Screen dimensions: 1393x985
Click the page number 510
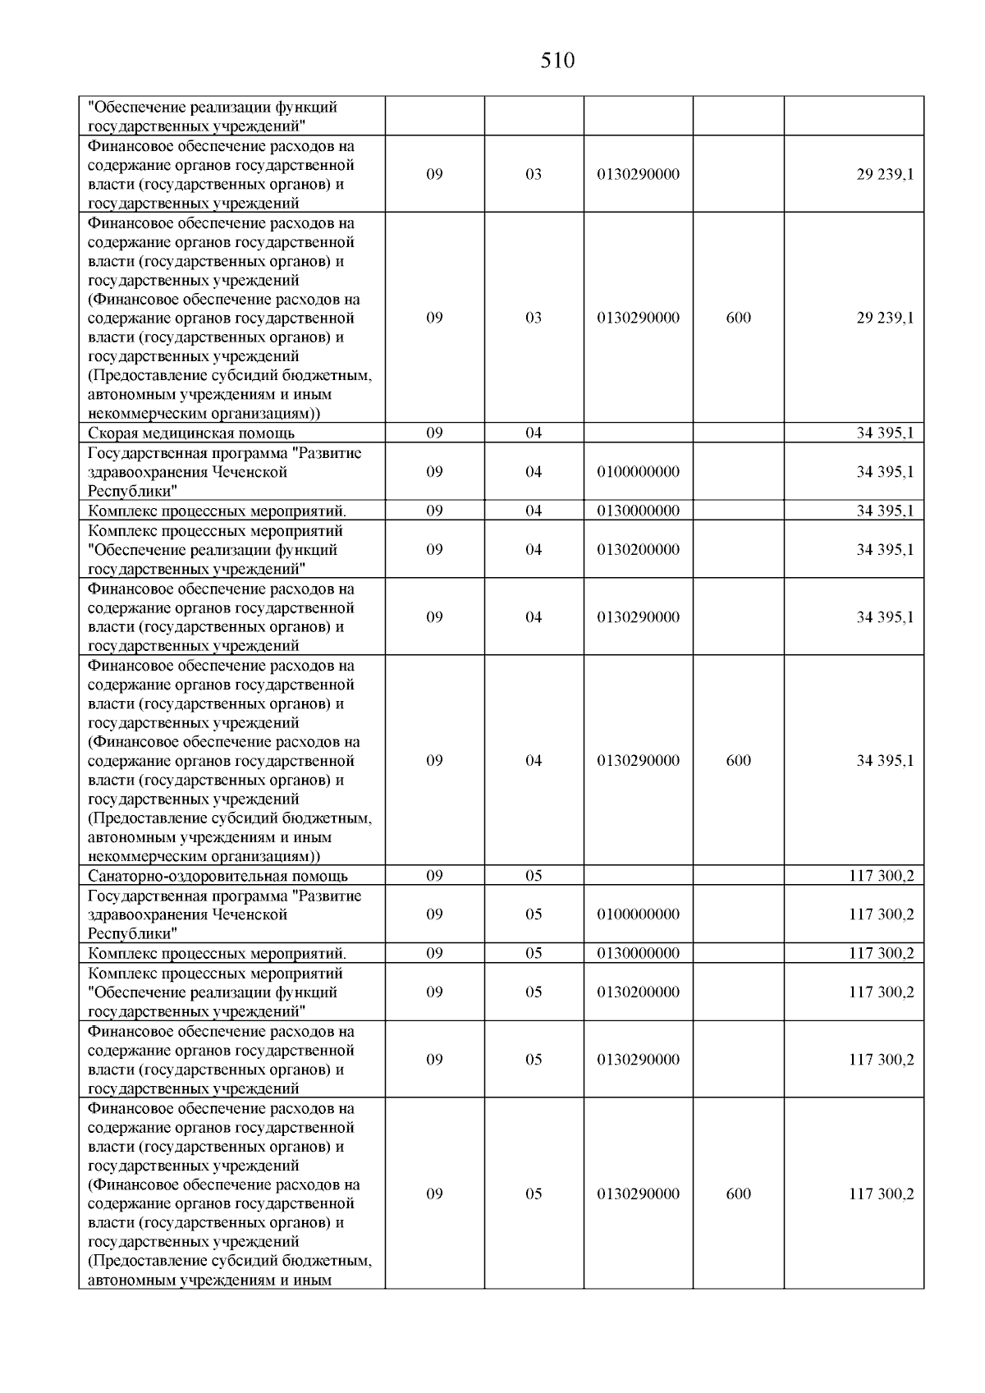[x=557, y=61]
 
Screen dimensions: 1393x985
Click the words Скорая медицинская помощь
[x=190, y=433]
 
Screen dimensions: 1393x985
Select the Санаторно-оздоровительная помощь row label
[x=218, y=876]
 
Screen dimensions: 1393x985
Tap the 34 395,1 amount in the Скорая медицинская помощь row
[x=885, y=433]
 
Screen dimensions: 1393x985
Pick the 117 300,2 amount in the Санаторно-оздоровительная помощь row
[x=881, y=876]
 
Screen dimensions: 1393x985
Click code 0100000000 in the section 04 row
[x=638, y=472]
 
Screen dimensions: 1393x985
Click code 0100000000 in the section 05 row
[x=638, y=914]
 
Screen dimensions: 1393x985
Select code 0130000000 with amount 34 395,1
[x=638, y=511]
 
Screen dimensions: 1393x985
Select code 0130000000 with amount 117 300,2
[x=638, y=953]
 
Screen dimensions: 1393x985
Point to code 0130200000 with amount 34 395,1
[x=638, y=550]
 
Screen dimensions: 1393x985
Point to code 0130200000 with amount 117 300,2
[x=638, y=992]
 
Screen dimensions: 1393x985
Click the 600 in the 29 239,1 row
[x=738, y=318]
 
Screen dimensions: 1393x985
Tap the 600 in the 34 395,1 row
[x=738, y=760]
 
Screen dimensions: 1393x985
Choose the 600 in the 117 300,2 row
[x=738, y=1194]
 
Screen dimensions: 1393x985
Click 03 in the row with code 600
[x=534, y=318]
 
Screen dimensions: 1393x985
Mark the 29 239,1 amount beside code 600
[x=885, y=318]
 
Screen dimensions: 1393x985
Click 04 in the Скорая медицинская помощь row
[x=534, y=433]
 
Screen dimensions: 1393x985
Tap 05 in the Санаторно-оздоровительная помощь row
[x=534, y=876]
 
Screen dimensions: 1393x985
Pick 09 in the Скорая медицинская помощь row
[x=434, y=433]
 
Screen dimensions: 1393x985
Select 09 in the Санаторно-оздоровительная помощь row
[x=434, y=876]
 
